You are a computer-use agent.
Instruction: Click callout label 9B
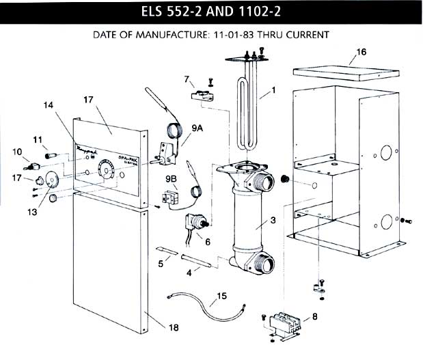[171, 179]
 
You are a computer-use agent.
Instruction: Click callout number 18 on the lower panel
[174, 328]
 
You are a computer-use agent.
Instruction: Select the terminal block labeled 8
[286, 321]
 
